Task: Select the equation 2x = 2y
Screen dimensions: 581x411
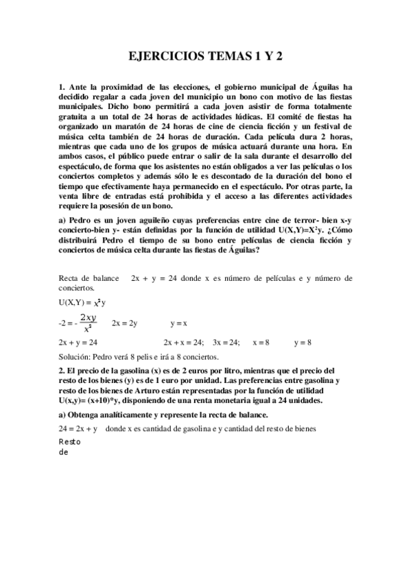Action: click(x=124, y=323)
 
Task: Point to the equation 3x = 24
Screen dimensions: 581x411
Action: click(x=226, y=341)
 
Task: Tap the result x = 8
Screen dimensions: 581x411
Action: click(x=261, y=341)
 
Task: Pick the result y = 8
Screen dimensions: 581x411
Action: click(x=303, y=341)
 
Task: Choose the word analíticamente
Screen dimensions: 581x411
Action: click(x=126, y=416)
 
